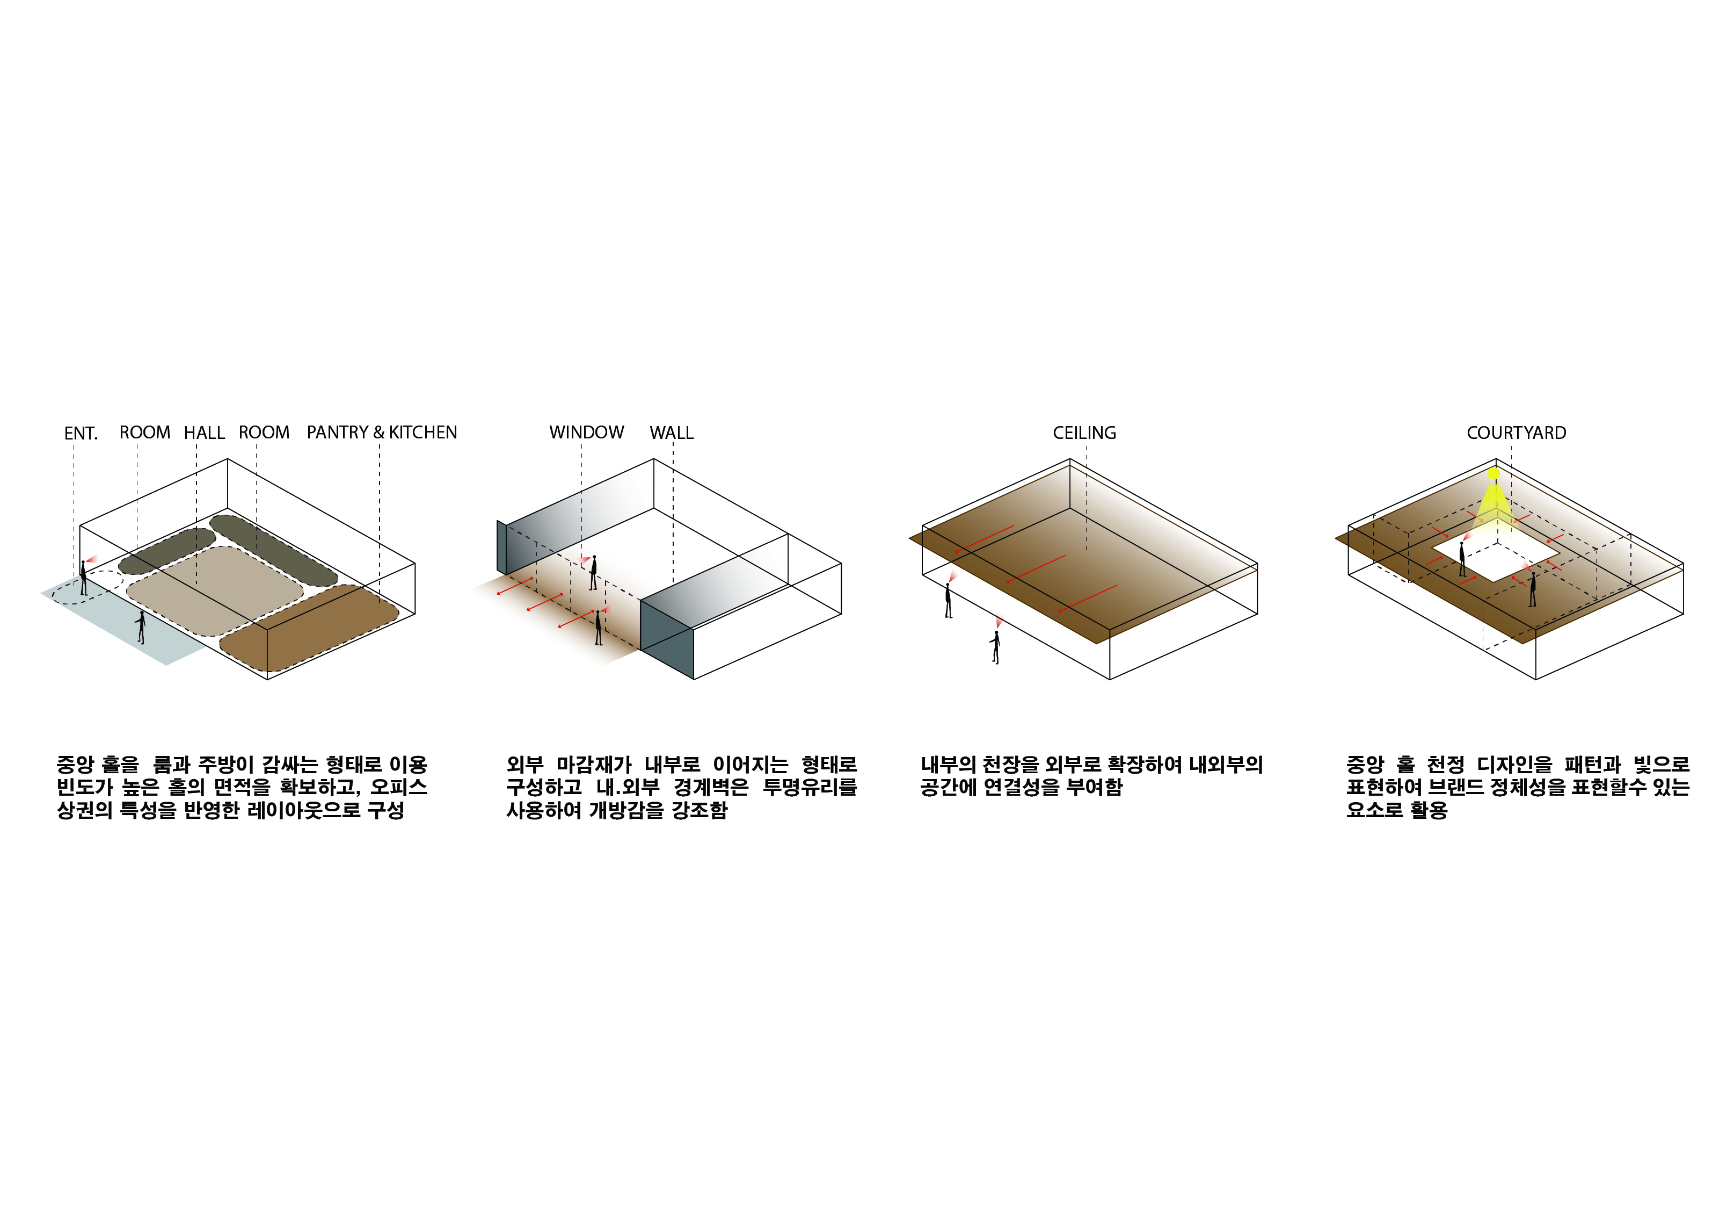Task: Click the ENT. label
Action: [x=81, y=433]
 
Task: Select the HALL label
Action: [x=205, y=433]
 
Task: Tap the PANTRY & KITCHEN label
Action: [x=382, y=433]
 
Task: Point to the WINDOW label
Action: [x=587, y=433]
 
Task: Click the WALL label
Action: [x=672, y=433]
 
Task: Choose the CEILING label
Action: [x=1084, y=433]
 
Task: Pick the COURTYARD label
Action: [x=1517, y=433]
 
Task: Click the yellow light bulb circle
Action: [x=1493, y=474]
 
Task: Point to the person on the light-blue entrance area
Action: [x=141, y=627]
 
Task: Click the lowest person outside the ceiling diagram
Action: [x=996, y=647]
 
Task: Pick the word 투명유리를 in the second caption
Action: [x=810, y=788]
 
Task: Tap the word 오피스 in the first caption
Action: [x=399, y=788]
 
